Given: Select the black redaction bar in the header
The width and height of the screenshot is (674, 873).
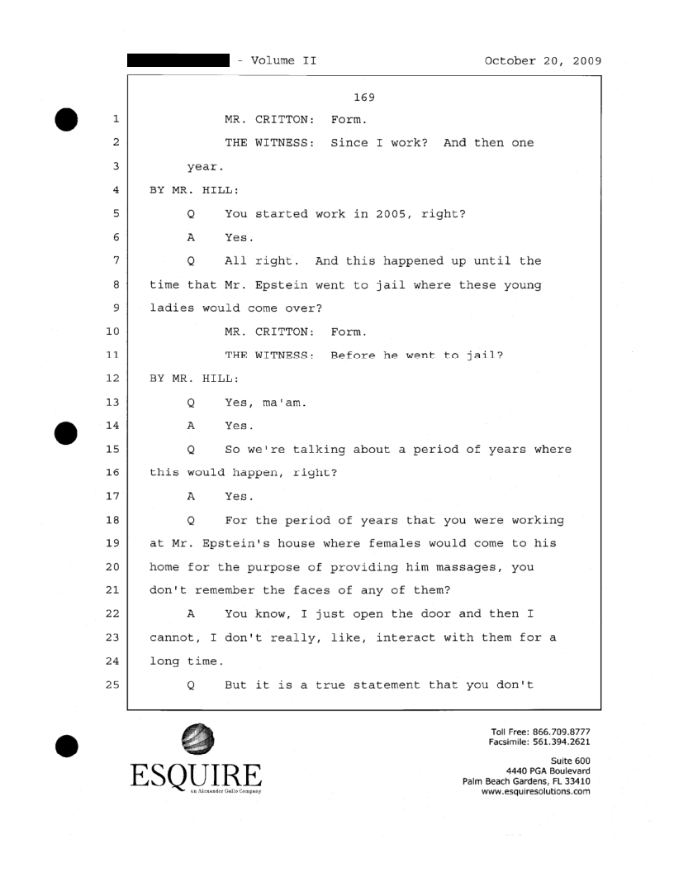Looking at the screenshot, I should [178, 60].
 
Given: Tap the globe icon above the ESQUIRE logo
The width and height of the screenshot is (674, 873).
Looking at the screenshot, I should [197, 738].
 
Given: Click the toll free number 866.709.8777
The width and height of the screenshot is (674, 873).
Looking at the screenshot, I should [566, 732].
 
